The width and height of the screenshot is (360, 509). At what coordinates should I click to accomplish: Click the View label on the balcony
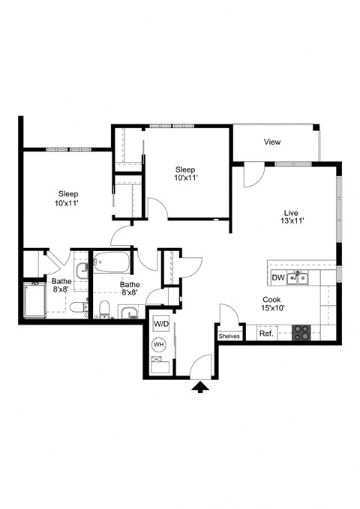tap(272, 142)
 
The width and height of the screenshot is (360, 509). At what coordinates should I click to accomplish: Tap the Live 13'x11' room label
tap(291, 216)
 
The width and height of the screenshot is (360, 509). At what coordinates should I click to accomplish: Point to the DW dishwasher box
tap(277, 278)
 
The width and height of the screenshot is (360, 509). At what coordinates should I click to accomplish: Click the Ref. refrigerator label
tap(265, 334)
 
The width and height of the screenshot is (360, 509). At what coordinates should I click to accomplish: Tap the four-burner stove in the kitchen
tap(301, 333)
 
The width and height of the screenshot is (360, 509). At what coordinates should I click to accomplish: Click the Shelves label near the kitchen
tap(229, 337)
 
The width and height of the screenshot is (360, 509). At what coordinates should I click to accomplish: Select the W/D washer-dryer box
tap(161, 324)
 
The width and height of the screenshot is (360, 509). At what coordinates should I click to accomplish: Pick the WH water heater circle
tap(159, 345)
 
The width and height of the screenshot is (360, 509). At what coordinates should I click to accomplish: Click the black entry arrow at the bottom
tap(200, 387)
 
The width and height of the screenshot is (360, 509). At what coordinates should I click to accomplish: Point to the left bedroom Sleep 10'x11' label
tap(67, 198)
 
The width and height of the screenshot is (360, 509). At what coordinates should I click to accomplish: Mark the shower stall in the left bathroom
tap(35, 301)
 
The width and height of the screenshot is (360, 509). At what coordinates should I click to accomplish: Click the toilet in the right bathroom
tap(104, 307)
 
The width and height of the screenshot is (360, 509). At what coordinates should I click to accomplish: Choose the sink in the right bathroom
tap(129, 313)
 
